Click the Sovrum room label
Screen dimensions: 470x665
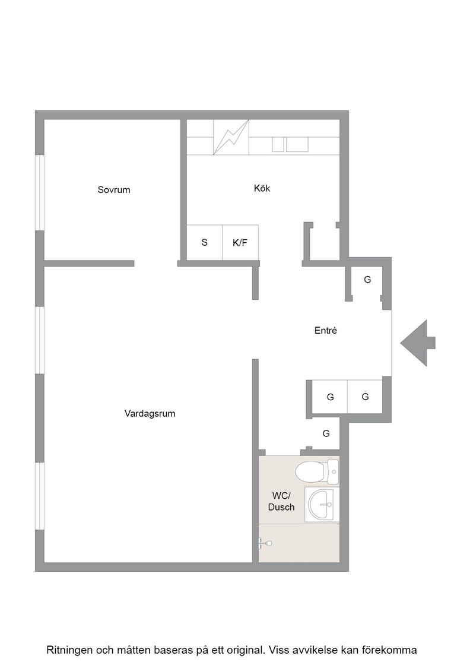pos(113,189)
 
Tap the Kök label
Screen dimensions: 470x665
pos(262,188)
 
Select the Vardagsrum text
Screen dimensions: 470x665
pos(150,413)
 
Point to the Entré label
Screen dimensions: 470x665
pos(325,330)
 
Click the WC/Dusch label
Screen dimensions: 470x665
pos(281,501)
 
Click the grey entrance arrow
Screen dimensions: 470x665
pos(418,343)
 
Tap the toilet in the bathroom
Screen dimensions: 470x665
pos(317,471)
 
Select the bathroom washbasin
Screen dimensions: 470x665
pos(322,504)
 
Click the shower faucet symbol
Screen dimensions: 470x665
pos(265,543)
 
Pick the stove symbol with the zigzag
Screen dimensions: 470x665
pos(231,137)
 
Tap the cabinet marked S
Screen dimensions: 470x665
pos(205,242)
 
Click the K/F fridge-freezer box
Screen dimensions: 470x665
pos(240,242)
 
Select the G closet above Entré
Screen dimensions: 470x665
pos(367,283)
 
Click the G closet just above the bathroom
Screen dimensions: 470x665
pos(325,433)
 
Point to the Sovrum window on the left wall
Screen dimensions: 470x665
pos(39,192)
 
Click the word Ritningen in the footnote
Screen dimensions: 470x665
pos(68,650)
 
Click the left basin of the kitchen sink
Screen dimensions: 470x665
pos(278,144)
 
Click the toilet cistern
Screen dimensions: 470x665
pos(333,471)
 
